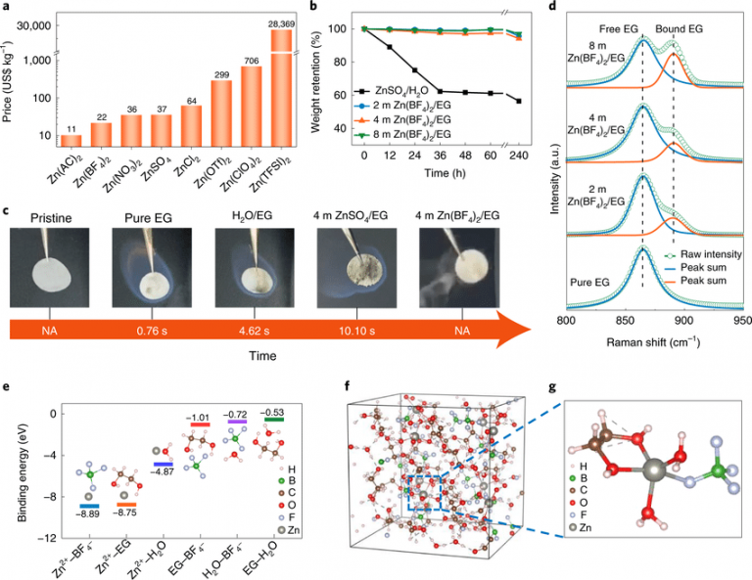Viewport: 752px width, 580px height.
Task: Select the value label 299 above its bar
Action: pos(249,73)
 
